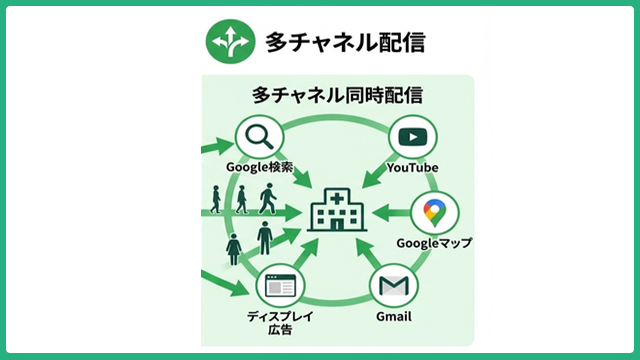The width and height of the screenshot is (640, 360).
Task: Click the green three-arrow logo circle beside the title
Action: pyautogui.click(x=226, y=41)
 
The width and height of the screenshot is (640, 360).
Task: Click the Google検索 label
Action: pyautogui.click(x=259, y=167)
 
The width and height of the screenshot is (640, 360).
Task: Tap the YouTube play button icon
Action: pyautogui.click(x=413, y=137)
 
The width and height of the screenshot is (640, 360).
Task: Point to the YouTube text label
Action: pyautogui.click(x=413, y=167)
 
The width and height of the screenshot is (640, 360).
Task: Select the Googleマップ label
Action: pyautogui.click(x=434, y=243)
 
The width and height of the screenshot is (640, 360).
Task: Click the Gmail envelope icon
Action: pyautogui.click(x=393, y=288)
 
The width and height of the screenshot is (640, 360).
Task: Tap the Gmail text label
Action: pyautogui.click(x=393, y=319)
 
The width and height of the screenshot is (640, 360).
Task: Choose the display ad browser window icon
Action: pyautogui.click(x=279, y=287)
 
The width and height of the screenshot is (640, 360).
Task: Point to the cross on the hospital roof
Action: pyautogui.click(x=336, y=195)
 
